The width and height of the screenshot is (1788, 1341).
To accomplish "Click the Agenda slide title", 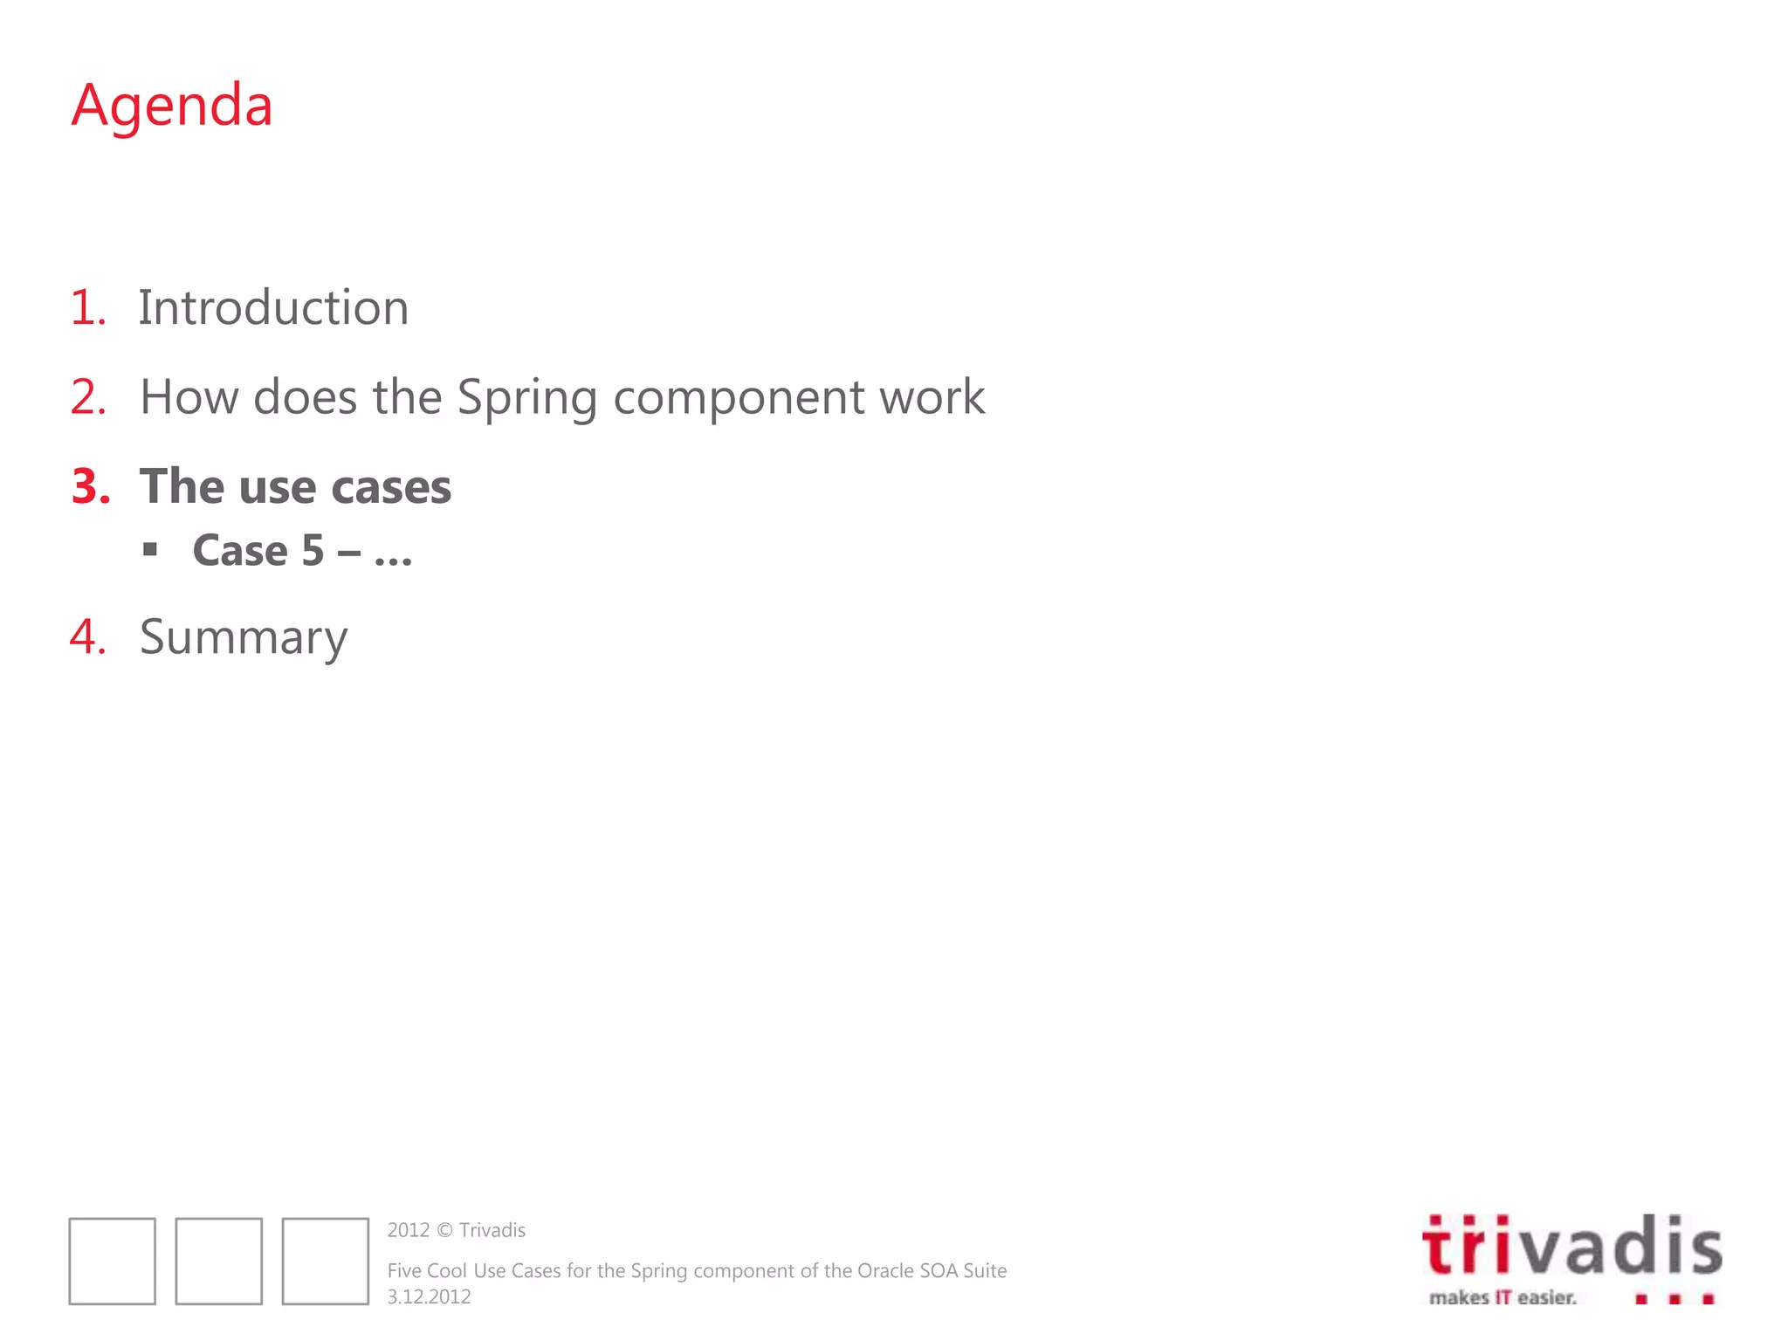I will [x=172, y=106].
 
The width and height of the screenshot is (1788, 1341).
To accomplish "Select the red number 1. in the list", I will [x=87, y=308].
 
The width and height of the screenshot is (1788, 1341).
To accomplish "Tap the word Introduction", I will [x=273, y=308].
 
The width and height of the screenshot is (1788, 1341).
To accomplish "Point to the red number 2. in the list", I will [x=88, y=397].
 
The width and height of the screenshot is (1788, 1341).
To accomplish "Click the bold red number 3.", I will [x=91, y=486].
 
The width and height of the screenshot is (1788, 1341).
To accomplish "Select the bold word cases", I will [x=391, y=487].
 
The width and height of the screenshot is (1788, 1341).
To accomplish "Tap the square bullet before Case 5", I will [x=151, y=549].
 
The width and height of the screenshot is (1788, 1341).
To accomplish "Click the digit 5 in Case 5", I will [x=313, y=551].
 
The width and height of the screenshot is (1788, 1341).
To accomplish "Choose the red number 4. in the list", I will [x=88, y=636].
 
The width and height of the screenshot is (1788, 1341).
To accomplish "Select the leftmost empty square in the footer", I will [x=113, y=1261].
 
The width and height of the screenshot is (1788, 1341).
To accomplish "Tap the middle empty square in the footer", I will [x=219, y=1261].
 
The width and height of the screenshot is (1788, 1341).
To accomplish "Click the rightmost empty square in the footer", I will [x=326, y=1261].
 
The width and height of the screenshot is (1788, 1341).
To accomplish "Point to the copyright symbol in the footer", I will [x=444, y=1230].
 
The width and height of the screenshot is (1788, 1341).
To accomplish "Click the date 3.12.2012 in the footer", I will [x=429, y=1296].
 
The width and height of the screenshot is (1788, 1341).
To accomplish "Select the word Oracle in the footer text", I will [x=885, y=1270].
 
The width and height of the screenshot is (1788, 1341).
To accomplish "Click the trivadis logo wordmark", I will [x=1571, y=1247].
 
